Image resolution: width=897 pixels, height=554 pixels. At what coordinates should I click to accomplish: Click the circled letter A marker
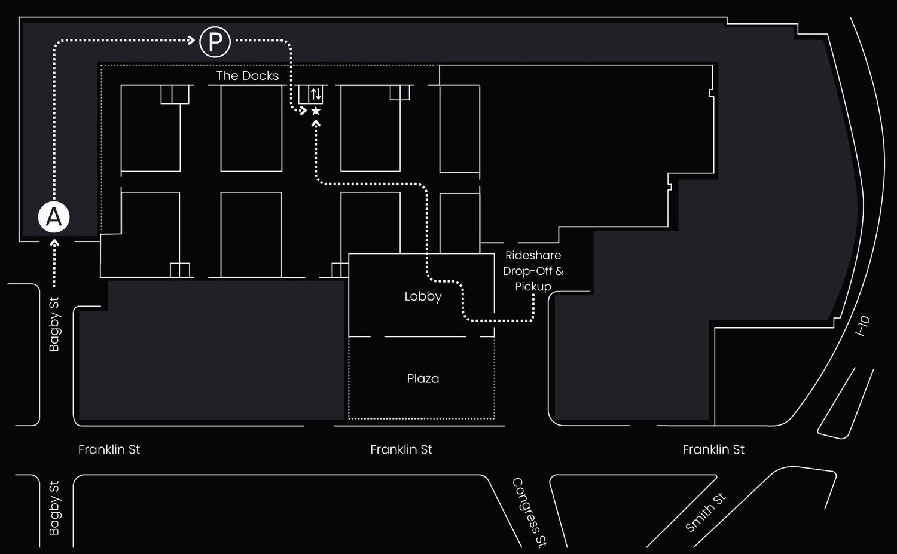pyautogui.click(x=54, y=217)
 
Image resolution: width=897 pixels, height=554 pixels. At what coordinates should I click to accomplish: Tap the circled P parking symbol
pyautogui.click(x=215, y=42)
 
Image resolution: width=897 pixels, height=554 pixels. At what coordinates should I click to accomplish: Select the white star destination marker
pyautogui.click(x=316, y=111)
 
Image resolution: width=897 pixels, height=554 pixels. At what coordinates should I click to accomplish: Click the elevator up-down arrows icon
pyautogui.click(x=316, y=94)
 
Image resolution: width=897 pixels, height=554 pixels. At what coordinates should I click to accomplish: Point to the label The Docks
pyautogui.click(x=248, y=76)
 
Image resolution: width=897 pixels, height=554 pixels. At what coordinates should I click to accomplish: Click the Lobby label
pyautogui.click(x=423, y=296)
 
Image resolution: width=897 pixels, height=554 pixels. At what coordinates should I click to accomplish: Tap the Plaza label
pyautogui.click(x=423, y=379)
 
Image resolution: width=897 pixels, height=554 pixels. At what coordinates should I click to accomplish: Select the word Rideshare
pyautogui.click(x=533, y=255)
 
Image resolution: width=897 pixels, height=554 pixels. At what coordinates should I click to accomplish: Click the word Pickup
pyautogui.click(x=533, y=287)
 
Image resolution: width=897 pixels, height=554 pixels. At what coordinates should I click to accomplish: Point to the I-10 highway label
pyautogui.click(x=862, y=326)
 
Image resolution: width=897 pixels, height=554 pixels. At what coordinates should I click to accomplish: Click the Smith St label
pyautogui.click(x=705, y=512)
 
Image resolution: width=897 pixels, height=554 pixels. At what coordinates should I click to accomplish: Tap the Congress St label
pyautogui.click(x=529, y=512)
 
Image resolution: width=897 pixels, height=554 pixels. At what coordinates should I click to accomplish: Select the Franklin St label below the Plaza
pyautogui.click(x=401, y=449)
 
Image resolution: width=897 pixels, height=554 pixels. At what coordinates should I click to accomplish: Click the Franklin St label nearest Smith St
pyautogui.click(x=713, y=449)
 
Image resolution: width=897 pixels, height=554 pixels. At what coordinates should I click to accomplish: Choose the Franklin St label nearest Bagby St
pyautogui.click(x=109, y=449)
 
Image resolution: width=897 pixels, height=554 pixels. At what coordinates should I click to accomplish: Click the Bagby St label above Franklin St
pyautogui.click(x=54, y=325)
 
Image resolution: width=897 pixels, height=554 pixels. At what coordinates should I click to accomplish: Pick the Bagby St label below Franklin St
pyautogui.click(x=54, y=508)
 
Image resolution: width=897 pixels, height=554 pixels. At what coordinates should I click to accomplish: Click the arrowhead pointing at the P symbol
pyautogui.click(x=191, y=40)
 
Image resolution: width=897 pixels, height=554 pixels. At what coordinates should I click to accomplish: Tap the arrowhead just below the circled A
pyautogui.click(x=54, y=243)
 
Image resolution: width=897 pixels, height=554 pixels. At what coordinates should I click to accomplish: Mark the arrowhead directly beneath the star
pyautogui.click(x=316, y=124)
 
